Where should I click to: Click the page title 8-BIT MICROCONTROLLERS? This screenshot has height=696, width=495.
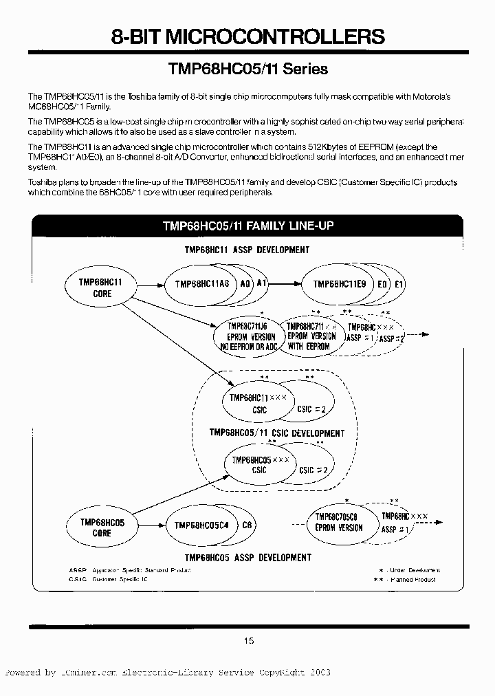point(248,36)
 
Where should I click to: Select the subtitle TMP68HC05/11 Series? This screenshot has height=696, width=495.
point(248,69)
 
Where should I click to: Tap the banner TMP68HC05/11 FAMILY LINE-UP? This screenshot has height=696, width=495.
point(248,226)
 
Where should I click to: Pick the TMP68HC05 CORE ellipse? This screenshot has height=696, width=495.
point(101,528)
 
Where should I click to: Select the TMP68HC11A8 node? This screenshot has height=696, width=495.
point(201,284)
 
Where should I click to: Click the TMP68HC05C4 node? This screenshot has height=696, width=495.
point(201,525)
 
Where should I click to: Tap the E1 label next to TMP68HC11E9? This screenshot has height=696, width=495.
point(400,284)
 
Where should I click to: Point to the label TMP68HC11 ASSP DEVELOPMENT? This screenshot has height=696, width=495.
point(247,250)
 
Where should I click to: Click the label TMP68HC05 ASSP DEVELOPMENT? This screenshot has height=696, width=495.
point(247,558)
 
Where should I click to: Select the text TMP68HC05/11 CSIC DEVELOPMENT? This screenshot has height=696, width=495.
point(276,433)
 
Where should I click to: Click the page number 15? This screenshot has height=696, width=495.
point(248,641)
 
